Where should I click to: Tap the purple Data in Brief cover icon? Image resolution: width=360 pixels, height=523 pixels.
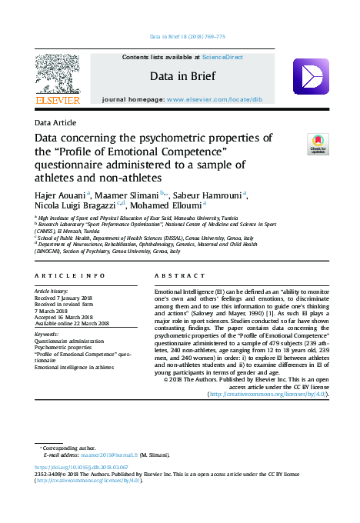tap(311, 76)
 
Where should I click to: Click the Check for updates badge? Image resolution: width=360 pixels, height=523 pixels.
tap(317, 144)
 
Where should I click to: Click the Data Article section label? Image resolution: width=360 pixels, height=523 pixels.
tap(55, 122)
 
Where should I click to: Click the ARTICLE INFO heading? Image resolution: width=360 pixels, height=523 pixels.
tap(71, 275)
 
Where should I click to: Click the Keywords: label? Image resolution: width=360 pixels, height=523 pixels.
tap(47, 335)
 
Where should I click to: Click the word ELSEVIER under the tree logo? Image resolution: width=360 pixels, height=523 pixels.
tap(57, 100)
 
